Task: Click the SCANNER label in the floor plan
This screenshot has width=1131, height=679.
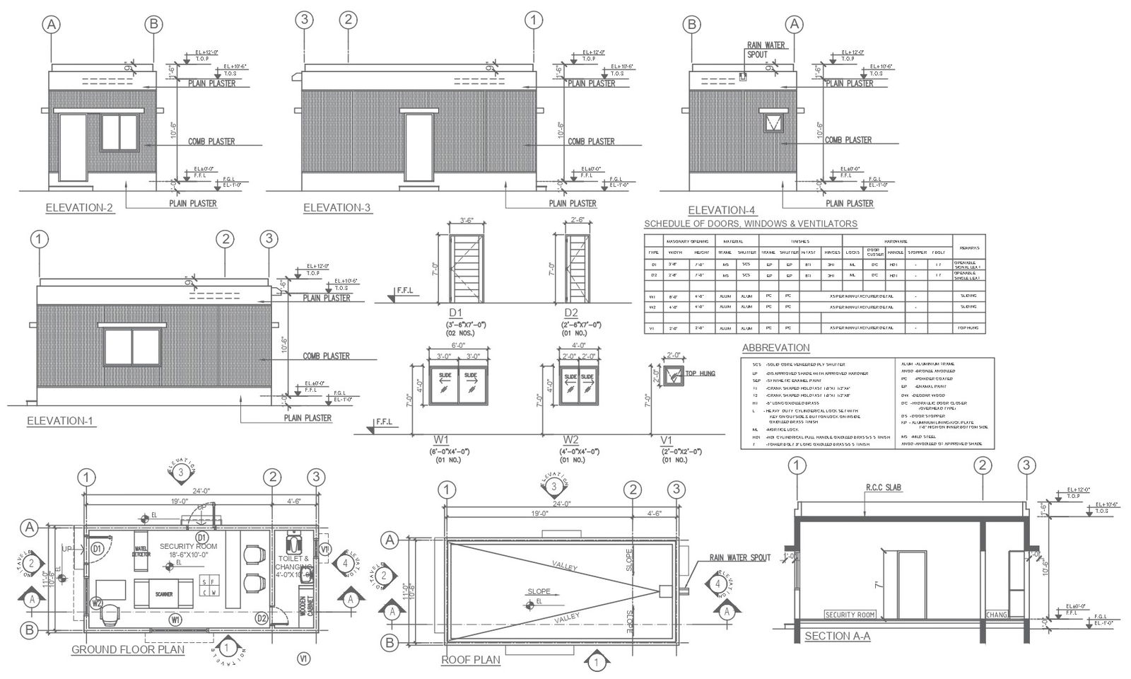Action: point(163,595)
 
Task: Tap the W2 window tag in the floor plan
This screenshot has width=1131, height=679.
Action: point(97,603)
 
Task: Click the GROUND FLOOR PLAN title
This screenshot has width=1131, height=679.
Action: point(128,650)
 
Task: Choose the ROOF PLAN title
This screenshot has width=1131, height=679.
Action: point(470,660)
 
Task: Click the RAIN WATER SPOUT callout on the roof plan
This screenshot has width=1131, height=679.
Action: point(739,558)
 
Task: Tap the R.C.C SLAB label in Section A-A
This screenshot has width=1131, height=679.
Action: point(884,488)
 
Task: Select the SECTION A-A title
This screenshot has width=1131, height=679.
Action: point(837,637)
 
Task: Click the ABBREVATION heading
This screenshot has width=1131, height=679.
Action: point(775,348)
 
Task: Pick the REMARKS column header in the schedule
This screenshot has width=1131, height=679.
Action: point(968,248)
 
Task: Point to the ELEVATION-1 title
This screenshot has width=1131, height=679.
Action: point(60,422)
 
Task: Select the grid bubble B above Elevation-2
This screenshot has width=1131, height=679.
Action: point(153,25)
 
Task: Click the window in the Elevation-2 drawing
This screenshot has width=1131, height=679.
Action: point(119,132)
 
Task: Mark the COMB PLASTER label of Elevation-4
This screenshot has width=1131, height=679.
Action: point(848,140)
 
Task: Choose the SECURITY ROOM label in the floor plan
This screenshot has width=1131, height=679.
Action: point(188,546)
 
